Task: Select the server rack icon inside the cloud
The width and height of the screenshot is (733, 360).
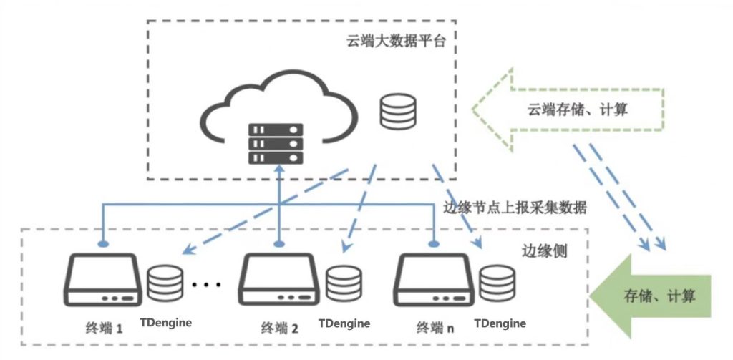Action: [x=275, y=144]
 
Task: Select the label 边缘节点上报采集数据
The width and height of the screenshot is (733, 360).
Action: [x=515, y=208]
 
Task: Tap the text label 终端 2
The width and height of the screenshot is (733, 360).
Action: [x=280, y=329]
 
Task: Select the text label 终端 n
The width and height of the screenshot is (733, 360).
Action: [x=435, y=329]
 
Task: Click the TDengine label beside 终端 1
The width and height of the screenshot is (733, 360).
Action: [x=166, y=322]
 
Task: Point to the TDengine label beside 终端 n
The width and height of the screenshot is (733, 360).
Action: [x=500, y=323]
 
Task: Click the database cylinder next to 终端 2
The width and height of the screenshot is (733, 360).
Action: [x=341, y=284]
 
